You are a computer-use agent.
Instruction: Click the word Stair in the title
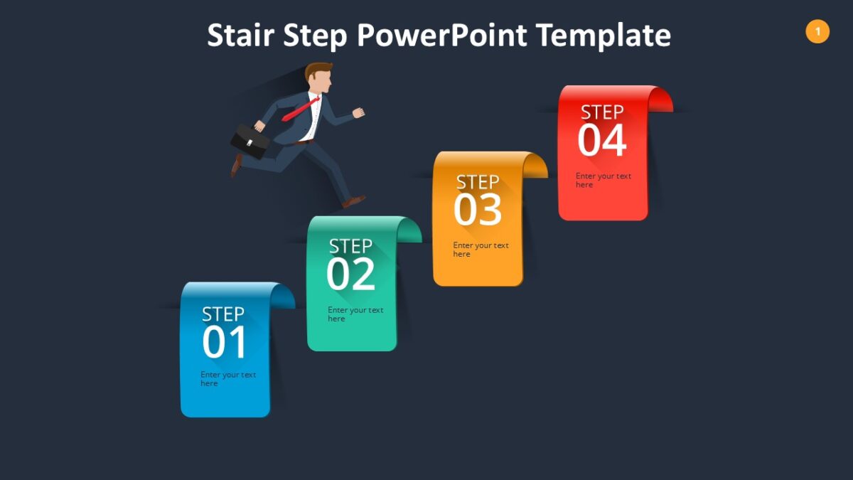point(241,35)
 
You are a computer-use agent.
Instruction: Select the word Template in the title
point(603,35)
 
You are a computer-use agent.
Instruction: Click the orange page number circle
point(817,31)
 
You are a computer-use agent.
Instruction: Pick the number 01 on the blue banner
point(225,342)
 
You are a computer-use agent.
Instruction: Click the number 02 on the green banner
point(350,274)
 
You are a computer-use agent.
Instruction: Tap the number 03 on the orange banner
point(478,210)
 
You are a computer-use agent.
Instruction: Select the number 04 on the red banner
point(601,140)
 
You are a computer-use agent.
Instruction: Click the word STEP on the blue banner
point(223,314)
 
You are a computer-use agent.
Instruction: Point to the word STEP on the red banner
point(602,112)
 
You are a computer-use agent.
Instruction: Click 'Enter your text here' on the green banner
point(355,314)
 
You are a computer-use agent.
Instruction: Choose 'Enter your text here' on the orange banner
point(481,250)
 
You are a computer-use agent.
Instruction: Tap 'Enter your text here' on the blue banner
point(227,379)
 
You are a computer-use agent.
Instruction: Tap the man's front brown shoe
point(354,201)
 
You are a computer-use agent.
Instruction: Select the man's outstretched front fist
point(359,112)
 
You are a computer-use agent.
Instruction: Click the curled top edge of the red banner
point(660,100)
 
